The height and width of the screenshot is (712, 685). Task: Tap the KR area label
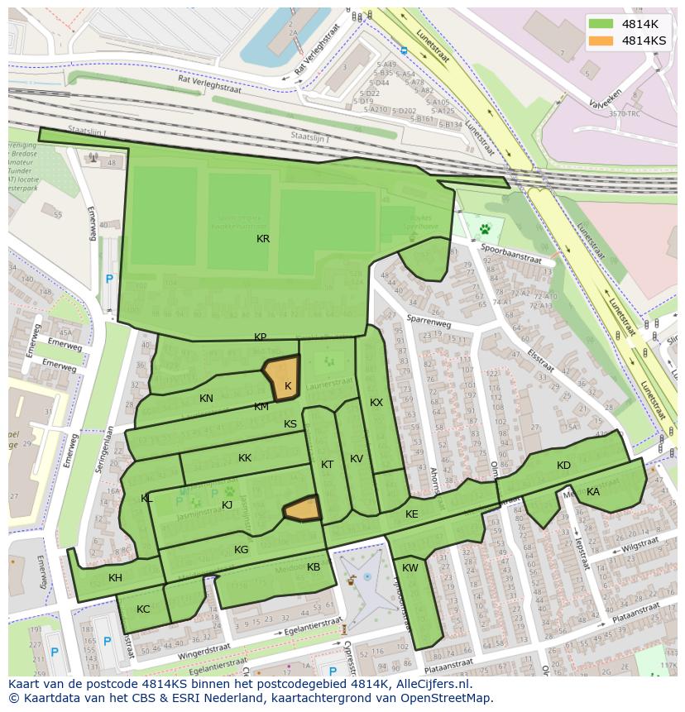[263, 239]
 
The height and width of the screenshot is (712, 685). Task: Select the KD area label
[563, 466]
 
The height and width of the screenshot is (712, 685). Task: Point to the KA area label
[593, 492]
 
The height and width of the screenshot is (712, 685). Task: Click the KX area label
[376, 403]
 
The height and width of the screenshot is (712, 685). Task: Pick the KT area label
[327, 465]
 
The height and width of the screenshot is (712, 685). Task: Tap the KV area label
[357, 459]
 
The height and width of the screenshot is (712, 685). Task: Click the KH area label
[115, 578]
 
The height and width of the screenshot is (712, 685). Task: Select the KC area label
[143, 609]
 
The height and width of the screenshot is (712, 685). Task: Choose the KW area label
[410, 568]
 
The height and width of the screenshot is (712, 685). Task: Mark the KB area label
[314, 567]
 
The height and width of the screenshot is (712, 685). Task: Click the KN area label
[206, 399]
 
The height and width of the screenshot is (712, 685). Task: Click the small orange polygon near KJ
[303, 509]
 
